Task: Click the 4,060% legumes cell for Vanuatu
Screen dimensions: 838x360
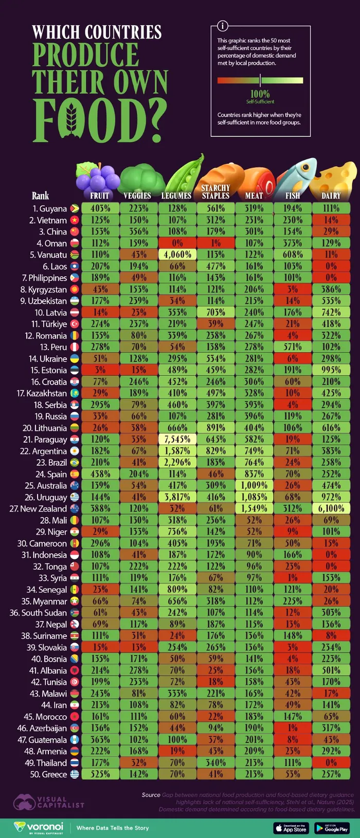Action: [177, 254]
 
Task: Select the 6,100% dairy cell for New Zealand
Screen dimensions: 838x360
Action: [331, 508]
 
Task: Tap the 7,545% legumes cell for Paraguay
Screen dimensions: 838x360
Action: [177, 439]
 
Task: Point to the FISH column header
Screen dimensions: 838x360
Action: [293, 196]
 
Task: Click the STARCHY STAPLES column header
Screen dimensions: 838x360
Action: [215, 192]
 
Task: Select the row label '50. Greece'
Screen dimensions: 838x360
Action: [49, 774]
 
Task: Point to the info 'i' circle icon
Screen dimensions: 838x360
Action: [223, 26]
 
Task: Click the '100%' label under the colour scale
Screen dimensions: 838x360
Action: [260, 94]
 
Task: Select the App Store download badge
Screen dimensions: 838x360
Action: [291, 828]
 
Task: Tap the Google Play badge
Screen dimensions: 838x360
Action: [332, 828]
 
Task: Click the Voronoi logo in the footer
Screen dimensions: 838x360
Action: [39, 827]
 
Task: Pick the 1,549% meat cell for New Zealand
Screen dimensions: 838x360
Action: [254, 508]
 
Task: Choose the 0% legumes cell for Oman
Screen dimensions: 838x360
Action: [177, 243]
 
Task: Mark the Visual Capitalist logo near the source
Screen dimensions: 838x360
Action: [49, 802]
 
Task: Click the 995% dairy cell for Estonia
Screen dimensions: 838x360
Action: [331, 370]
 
